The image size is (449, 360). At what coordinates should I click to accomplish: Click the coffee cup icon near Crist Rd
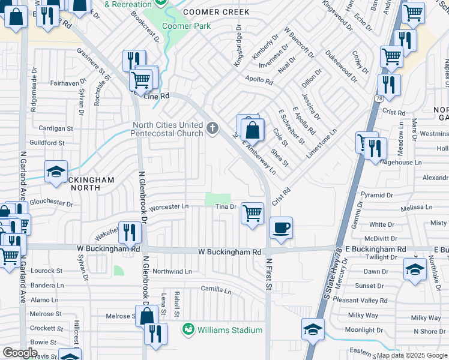coord(281,228)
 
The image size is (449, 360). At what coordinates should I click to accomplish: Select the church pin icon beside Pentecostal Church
coord(211,128)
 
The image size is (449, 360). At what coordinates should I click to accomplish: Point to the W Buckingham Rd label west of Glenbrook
coord(109,248)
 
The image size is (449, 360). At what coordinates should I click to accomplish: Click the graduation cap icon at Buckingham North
coord(56,172)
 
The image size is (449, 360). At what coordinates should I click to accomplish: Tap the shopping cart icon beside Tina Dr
coord(252,212)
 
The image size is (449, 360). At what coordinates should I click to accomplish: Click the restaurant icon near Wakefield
coord(130,232)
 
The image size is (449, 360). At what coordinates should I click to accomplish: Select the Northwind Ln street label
coord(172,271)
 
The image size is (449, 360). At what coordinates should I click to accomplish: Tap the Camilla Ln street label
coord(216,290)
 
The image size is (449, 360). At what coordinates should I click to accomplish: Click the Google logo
coord(20,353)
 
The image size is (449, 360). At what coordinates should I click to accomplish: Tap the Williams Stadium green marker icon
coord(189,329)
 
